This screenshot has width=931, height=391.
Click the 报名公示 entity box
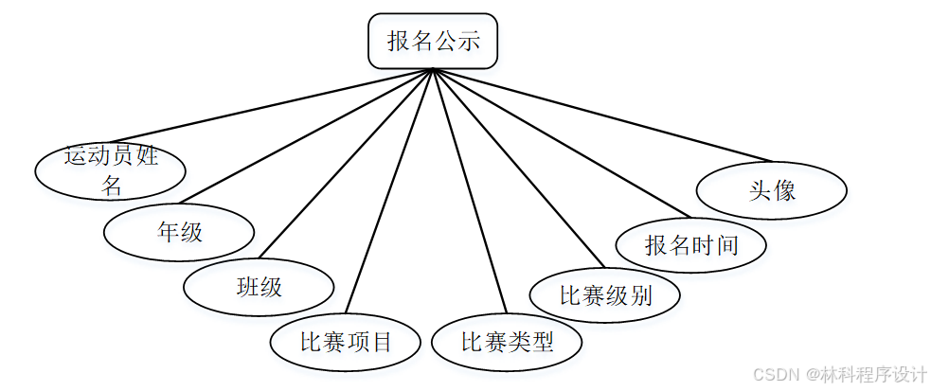click(432, 41)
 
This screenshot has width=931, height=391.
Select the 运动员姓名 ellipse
click(110, 169)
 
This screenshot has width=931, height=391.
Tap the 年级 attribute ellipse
click(179, 232)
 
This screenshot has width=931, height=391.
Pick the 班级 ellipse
click(259, 287)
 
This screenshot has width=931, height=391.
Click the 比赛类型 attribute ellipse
click(507, 342)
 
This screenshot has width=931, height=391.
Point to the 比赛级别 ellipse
click(605, 294)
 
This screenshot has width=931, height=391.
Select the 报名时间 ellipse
click(690, 245)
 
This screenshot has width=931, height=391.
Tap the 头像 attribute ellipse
click(771, 190)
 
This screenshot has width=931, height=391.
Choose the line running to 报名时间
click(559, 142)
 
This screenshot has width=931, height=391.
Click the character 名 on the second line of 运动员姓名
click(112, 186)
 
